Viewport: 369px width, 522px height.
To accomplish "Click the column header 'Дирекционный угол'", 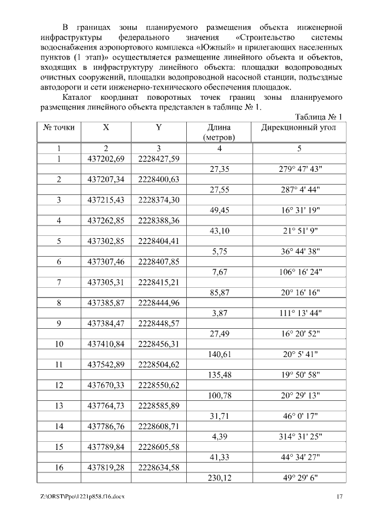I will point(299,127).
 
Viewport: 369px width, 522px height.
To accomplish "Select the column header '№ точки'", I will point(58,127).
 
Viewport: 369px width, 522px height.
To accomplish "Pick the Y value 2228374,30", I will point(159,200).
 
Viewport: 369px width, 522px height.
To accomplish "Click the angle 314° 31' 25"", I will point(299,437).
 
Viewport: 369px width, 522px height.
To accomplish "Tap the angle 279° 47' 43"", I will point(299,169).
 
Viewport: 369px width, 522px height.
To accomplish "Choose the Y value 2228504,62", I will point(159,365).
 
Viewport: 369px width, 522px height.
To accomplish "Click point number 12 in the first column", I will point(58,385).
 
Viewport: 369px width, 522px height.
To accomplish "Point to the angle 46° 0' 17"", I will point(299,416).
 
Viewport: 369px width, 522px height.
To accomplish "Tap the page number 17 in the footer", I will point(340,497).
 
